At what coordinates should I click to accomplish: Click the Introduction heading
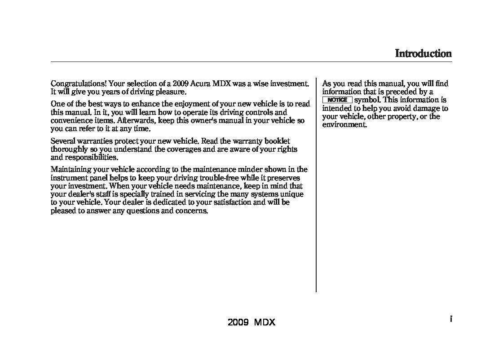423,54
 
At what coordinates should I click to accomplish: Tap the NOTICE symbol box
337,100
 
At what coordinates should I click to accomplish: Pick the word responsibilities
91,158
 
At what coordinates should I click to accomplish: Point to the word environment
344,125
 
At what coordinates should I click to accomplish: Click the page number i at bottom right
450,319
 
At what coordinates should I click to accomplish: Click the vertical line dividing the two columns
316,184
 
